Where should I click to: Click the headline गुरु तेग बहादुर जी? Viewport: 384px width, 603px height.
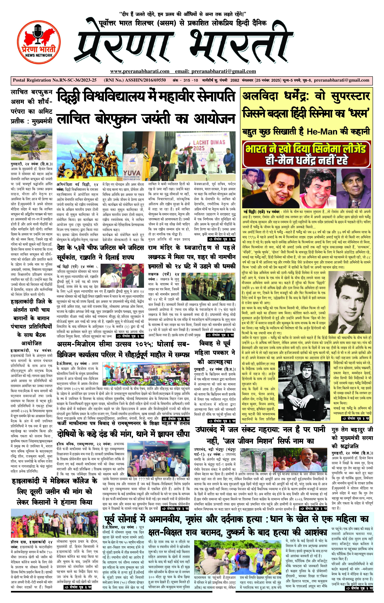point(352,430)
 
